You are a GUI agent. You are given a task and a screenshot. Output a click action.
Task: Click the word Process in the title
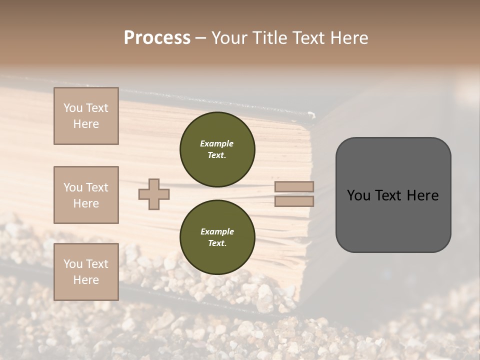(157, 38)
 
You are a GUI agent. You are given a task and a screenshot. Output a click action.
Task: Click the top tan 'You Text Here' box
(86, 116)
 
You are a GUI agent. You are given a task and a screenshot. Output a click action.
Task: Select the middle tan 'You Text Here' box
(86, 195)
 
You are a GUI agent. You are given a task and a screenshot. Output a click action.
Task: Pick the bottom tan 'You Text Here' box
(86, 272)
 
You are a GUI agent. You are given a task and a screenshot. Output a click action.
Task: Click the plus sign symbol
(154, 194)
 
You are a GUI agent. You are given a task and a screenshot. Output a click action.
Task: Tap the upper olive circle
(217, 149)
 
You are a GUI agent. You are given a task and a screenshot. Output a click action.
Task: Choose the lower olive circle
(217, 237)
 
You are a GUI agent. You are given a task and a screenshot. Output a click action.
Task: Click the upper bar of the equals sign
(294, 187)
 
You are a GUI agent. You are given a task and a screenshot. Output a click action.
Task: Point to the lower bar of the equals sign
(294, 201)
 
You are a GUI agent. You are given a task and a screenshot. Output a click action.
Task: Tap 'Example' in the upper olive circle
(217, 143)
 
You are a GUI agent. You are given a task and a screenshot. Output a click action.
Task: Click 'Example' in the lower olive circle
(217, 231)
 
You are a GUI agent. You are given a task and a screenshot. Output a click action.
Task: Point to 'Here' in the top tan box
(86, 124)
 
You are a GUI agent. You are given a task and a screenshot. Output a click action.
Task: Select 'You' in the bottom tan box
(73, 264)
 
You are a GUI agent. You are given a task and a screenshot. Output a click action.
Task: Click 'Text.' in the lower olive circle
(217, 243)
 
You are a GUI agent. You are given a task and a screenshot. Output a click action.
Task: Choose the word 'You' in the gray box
(358, 195)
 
